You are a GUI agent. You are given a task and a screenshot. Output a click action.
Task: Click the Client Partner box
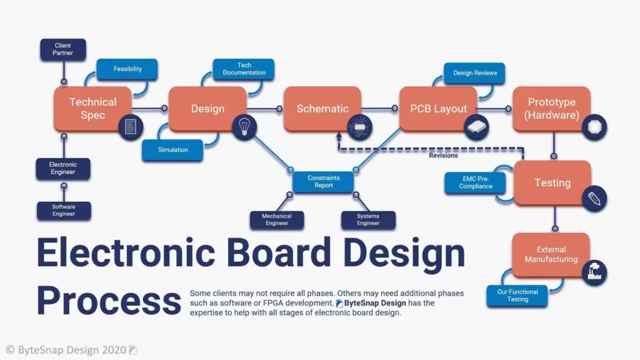pos(63,49)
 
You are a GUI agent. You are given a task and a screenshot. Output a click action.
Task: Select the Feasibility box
pos(127,69)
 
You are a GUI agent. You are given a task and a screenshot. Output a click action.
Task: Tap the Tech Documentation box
pos(244,69)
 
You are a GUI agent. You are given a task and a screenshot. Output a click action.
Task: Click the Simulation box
pos(172,150)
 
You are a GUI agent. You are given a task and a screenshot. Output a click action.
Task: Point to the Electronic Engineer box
pos(63,168)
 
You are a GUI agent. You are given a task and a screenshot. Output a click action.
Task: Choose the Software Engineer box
pos(64,210)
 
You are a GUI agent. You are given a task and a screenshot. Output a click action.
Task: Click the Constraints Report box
pos(323,182)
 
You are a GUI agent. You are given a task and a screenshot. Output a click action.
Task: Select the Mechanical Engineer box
pos(277,219)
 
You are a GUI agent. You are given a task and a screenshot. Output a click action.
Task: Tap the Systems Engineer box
pos(368,219)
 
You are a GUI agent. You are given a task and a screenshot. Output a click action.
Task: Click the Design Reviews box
pos(474,73)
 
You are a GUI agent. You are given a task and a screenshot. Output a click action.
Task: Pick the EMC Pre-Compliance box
pos(475,182)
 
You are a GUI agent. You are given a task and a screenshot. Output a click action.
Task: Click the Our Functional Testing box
pos(517,296)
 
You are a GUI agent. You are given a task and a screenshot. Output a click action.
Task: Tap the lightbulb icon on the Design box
pos(244,126)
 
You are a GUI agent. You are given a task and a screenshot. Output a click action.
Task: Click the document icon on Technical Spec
pos(131,126)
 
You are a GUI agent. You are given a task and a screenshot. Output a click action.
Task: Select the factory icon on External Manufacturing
pos(594,272)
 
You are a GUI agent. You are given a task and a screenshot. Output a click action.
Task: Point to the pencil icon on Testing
pos(594,199)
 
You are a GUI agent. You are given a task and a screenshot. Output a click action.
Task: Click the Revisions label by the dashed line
pos(443,156)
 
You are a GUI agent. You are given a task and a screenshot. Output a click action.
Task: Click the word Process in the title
pos(109,301)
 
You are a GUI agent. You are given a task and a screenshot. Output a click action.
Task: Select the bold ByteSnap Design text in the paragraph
pos(375,303)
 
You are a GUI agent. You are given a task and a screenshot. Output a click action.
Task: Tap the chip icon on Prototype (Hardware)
pos(594,127)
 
